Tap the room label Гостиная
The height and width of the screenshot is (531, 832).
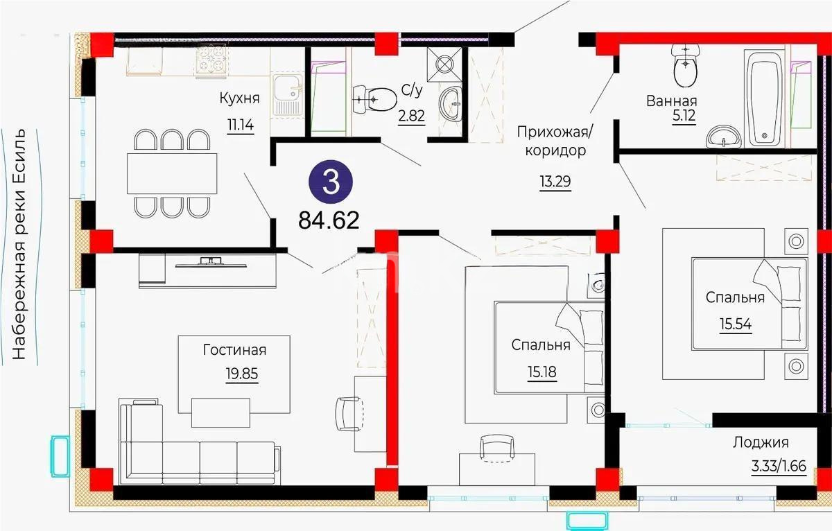click(234, 350)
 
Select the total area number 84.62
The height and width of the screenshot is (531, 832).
click(329, 220)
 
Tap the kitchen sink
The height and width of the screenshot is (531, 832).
click(286, 94)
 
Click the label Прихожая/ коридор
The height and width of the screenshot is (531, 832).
click(553, 140)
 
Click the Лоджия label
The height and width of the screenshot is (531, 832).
click(761, 442)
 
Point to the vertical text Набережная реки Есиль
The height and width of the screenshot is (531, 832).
click(19, 244)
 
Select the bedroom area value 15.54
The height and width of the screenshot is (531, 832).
click(735, 323)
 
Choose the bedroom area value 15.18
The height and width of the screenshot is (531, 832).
click(541, 372)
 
